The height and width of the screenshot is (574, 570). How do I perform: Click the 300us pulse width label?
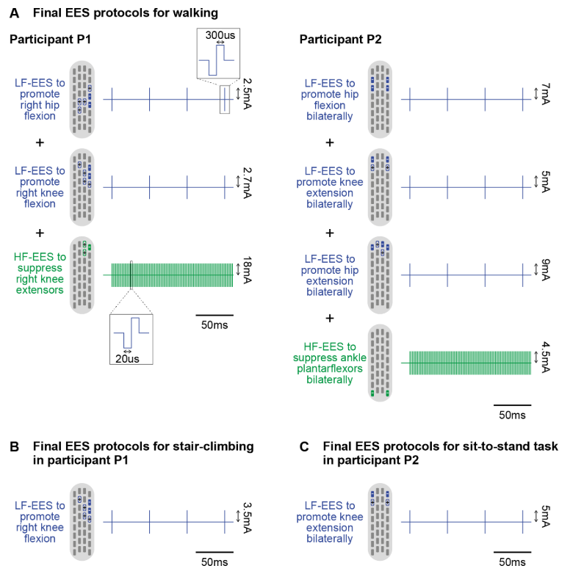coord(218,34)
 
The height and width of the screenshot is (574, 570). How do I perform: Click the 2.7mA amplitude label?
coord(250,186)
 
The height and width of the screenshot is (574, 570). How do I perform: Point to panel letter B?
coord(14,446)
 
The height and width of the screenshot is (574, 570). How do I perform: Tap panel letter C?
coord(304,446)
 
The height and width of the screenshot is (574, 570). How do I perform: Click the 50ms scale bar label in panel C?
coord(513,562)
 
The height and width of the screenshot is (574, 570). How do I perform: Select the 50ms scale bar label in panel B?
coord(214,562)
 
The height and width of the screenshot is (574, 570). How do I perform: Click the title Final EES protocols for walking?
coord(125,12)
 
